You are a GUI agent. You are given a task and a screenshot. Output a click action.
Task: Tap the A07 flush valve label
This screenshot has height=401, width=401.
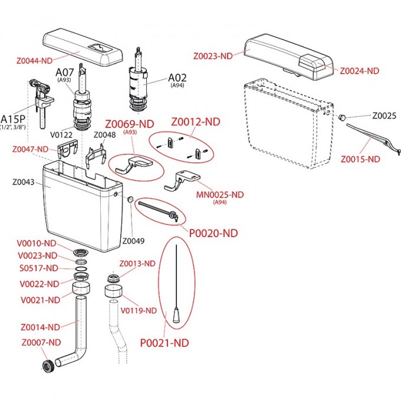tap(65, 73)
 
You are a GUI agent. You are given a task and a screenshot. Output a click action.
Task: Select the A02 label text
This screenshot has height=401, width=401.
tap(178, 77)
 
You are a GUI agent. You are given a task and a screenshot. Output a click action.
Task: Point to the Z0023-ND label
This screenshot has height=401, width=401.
tap(213, 56)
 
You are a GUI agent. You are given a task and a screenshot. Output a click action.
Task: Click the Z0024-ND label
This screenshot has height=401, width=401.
tap(359, 70)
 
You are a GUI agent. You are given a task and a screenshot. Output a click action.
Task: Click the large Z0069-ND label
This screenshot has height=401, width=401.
tap(130, 124)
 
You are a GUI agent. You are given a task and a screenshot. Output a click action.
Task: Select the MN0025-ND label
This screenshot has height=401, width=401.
tap(219, 195)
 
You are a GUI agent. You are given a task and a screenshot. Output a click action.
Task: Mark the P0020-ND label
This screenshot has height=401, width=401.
tap(213, 233)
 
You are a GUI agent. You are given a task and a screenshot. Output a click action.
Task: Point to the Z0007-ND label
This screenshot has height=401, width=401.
tap(41, 342)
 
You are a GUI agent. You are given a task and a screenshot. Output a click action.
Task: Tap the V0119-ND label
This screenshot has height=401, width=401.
tap(139, 310)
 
